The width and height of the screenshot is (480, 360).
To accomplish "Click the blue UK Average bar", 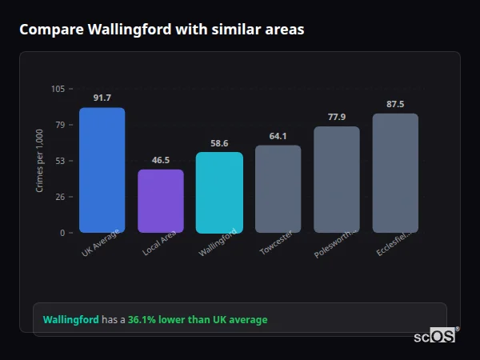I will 102,170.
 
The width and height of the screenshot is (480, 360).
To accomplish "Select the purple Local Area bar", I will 161,201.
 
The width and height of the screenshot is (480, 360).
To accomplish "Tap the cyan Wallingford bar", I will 219,192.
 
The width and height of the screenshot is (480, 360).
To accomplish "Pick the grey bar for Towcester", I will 278,189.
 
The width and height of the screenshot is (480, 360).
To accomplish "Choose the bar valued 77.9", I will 337,179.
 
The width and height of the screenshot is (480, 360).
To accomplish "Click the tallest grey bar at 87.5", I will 395,173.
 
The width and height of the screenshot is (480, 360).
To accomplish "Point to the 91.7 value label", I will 102,98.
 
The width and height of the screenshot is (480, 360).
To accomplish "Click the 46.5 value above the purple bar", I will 161,160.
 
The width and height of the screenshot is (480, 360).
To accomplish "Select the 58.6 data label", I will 219,143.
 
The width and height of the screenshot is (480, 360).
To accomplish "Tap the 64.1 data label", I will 278,136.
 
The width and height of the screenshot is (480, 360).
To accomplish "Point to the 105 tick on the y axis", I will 58,89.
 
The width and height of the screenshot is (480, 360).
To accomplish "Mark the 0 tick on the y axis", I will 62,233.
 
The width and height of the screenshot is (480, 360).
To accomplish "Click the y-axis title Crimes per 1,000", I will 39,161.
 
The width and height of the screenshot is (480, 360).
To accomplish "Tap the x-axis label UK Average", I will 101,243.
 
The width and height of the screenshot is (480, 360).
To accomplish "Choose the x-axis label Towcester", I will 277,243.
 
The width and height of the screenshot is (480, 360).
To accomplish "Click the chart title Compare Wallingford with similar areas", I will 162,30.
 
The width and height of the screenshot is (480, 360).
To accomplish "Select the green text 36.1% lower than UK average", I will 198,320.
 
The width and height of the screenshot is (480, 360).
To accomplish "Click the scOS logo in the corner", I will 435,336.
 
